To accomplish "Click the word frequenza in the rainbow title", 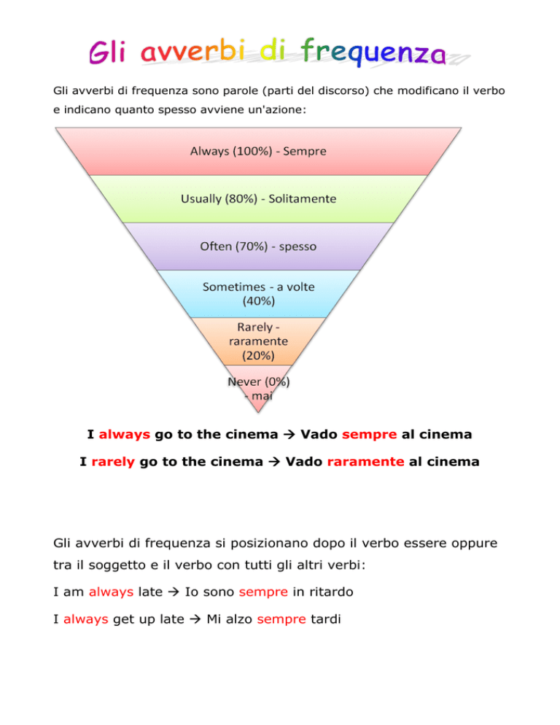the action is [x=373, y=53].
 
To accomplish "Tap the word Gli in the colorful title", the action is [x=107, y=51].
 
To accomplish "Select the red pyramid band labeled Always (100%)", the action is [x=258, y=151].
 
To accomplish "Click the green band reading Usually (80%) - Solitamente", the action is [x=258, y=199].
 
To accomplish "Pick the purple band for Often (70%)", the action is [x=258, y=247].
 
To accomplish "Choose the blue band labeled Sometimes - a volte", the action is [x=258, y=294].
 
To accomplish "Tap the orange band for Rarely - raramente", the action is [x=258, y=341].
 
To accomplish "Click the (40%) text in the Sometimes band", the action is [x=259, y=301].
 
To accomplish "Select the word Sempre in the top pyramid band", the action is [x=305, y=151].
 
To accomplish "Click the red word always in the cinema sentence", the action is [x=125, y=435].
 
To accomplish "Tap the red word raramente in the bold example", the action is [x=366, y=462].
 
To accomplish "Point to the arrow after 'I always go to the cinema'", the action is [x=289, y=435].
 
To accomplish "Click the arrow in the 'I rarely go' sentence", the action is [x=274, y=462].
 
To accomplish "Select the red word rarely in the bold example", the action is [x=113, y=462].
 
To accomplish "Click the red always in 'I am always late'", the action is [x=111, y=592].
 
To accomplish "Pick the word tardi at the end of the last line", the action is [x=325, y=619].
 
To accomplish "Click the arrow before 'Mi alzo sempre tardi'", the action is [x=195, y=619].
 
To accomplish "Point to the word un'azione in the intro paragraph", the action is [x=282, y=110].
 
